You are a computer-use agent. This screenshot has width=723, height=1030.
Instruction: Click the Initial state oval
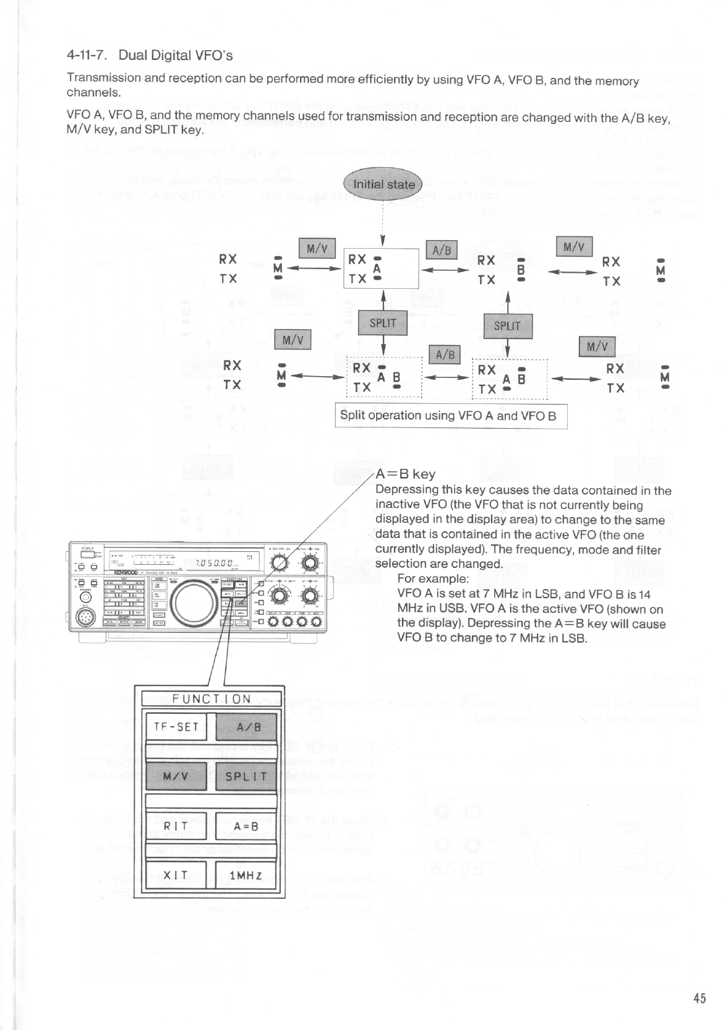(x=383, y=184)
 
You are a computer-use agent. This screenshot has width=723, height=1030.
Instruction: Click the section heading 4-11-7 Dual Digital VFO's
(x=150, y=56)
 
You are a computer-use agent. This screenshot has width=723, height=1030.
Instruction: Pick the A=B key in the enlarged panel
(x=246, y=826)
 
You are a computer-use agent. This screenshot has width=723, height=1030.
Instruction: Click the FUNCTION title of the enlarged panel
(x=212, y=699)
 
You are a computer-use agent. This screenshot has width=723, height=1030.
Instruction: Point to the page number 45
(x=699, y=998)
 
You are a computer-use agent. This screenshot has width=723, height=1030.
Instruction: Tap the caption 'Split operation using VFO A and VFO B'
(x=448, y=415)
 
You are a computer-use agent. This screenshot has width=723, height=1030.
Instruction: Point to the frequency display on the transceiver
(x=213, y=563)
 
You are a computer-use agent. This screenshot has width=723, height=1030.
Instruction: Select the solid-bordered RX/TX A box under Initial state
(x=381, y=269)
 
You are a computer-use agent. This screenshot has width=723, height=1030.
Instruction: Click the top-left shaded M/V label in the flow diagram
(x=317, y=248)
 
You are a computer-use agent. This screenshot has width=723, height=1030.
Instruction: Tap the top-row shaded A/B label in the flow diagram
(x=442, y=250)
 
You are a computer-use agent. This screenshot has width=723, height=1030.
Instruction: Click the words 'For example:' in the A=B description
(x=433, y=578)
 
